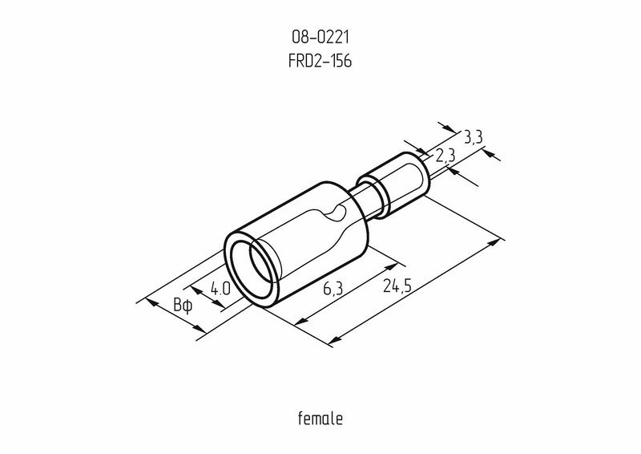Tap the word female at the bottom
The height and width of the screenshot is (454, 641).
click(320, 418)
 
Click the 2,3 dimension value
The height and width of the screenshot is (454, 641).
click(446, 156)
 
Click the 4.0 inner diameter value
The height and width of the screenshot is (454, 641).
click(221, 289)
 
